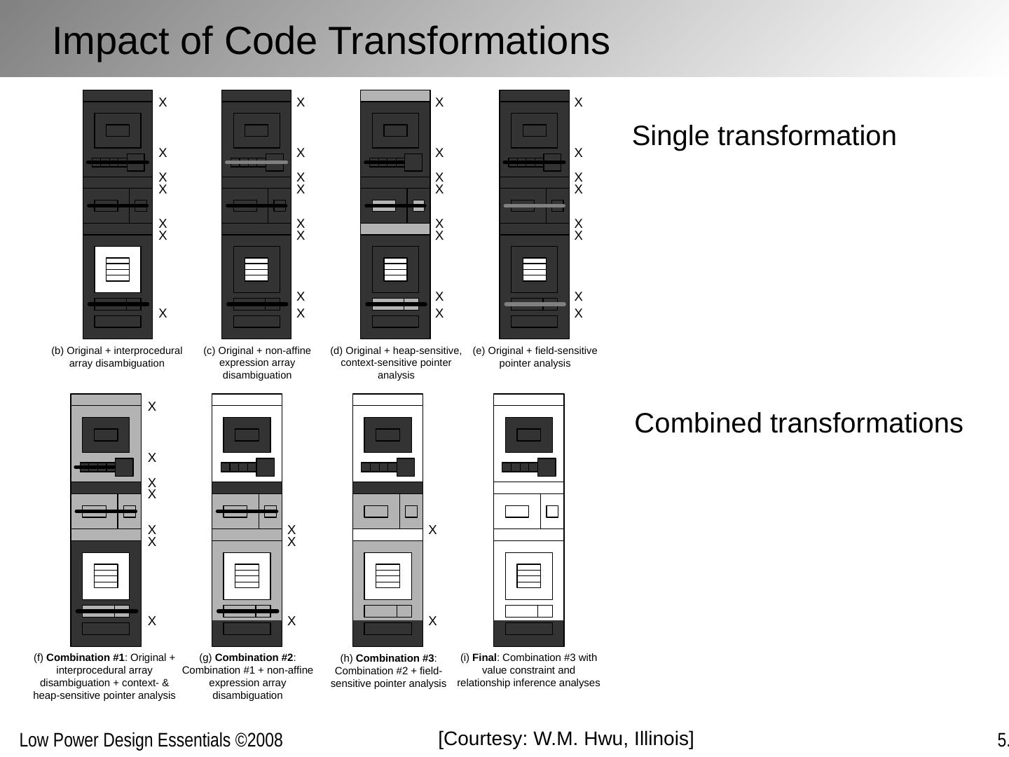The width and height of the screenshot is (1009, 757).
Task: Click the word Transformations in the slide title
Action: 417,41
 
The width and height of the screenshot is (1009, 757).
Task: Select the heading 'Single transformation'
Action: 764,135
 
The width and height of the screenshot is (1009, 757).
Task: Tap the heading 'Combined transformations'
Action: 798,423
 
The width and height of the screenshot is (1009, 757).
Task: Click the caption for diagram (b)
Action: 117,357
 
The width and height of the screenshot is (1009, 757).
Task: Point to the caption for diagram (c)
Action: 256,362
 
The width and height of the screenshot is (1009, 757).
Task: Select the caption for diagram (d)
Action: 396,362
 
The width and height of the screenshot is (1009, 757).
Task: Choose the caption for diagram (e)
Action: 535,357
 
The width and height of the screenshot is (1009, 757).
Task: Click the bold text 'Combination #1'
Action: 85,657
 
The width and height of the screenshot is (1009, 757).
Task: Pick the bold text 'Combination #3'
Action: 395,658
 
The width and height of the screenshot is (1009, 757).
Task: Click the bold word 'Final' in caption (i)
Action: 484,657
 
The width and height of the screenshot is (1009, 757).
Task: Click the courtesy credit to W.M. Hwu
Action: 566,739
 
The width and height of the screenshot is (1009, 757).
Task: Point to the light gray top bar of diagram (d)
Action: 395,95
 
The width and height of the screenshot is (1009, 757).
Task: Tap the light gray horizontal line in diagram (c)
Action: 256,163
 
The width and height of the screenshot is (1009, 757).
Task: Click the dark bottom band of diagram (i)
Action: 529,633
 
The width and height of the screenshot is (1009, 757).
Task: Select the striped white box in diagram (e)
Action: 535,269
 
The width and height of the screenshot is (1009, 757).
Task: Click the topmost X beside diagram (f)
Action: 152,407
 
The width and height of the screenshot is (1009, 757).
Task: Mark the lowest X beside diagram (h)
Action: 432,621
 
